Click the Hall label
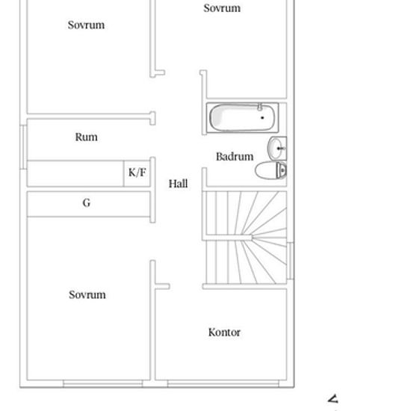(x=178, y=184)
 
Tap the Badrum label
(x=235, y=156)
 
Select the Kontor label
(x=224, y=332)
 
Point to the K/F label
(x=137, y=172)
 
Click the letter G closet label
(x=87, y=203)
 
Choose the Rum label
(x=86, y=137)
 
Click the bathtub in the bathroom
(x=242, y=117)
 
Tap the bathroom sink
(x=276, y=148)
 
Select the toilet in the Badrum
(x=271, y=170)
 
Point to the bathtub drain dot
(x=262, y=117)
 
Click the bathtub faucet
(x=260, y=106)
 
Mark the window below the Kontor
(x=223, y=384)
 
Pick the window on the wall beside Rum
(x=23, y=147)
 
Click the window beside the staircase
(x=290, y=261)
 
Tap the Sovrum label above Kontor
(x=222, y=8)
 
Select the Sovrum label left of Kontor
(x=87, y=294)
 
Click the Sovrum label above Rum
(x=86, y=25)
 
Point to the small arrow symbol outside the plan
(x=333, y=399)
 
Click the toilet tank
(x=282, y=170)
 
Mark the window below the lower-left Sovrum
(x=103, y=384)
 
